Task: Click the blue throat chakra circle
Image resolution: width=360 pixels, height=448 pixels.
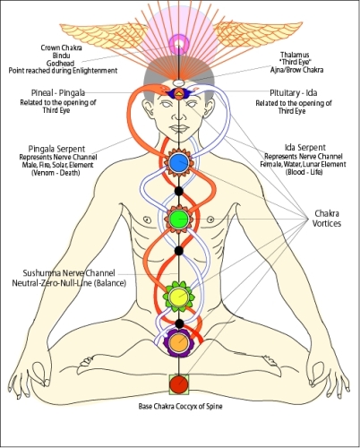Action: pyautogui.click(x=179, y=162)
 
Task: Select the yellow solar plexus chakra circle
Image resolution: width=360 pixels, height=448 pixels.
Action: pyautogui.click(x=179, y=294)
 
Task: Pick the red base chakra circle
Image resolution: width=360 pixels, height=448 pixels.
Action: pyautogui.click(x=179, y=384)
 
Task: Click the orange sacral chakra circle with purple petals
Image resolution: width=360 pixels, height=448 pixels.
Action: pyautogui.click(x=179, y=341)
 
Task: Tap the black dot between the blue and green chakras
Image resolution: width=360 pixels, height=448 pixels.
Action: pyautogui.click(x=179, y=191)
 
